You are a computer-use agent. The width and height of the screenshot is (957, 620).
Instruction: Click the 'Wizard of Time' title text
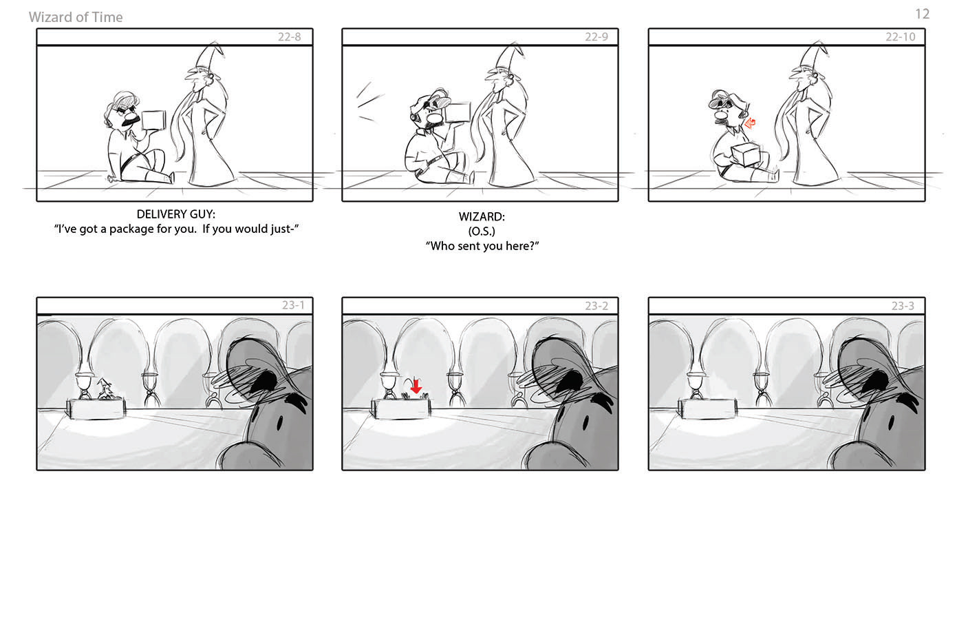(76, 17)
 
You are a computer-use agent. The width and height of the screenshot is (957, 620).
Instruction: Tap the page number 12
(922, 14)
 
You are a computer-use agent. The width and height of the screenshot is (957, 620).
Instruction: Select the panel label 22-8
(289, 37)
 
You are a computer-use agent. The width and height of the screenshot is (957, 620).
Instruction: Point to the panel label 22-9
(596, 37)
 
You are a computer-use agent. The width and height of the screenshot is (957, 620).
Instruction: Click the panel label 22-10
(900, 37)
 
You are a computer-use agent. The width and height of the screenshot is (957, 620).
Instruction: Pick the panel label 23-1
(293, 305)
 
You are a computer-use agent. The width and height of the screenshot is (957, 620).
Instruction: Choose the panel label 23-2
(596, 305)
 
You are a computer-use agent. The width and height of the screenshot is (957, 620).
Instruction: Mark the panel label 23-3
(903, 305)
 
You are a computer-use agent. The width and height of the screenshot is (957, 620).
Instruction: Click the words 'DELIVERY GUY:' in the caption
(175, 214)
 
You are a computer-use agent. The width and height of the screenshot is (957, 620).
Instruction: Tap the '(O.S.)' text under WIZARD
(482, 231)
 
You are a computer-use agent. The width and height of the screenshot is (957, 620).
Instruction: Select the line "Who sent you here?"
(482, 246)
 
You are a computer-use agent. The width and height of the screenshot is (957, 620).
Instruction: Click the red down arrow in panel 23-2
(416, 386)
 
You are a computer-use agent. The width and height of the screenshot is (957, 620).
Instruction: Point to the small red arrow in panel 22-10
(750, 123)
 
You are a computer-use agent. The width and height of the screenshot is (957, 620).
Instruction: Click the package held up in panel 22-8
(153, 120)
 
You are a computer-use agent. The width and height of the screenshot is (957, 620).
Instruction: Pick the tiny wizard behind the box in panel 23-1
(105, 389)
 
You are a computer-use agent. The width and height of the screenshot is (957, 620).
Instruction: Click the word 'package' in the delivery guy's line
(131, 229)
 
